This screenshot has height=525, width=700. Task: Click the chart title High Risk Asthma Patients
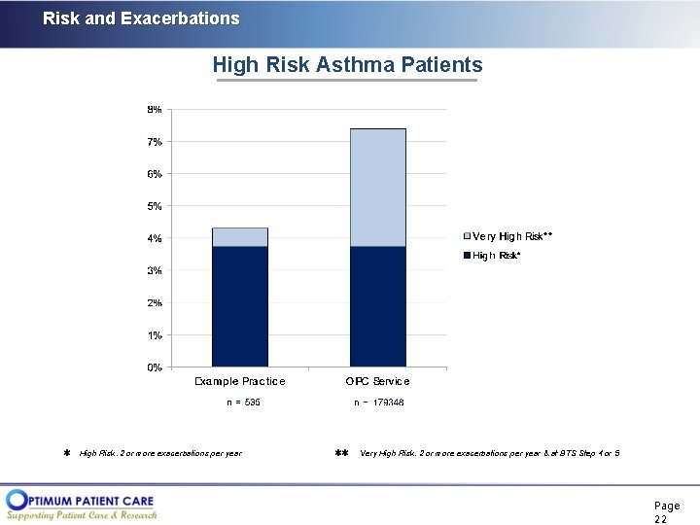coord(347,65)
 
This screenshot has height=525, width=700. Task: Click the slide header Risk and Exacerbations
coord(141,18)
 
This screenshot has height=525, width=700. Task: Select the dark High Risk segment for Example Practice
coord(239,306)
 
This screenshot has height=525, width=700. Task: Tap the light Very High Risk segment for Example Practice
coord(239,237)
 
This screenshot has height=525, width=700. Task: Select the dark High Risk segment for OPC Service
coord(378,306)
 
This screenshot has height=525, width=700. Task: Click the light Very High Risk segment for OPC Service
coord(378,188)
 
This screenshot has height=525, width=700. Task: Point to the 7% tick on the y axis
coord(155,142)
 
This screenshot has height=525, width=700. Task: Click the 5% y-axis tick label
coord(155,206)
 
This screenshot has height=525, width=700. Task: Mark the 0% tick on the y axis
coord(155,367)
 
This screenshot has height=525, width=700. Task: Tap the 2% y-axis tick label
coord(155,303)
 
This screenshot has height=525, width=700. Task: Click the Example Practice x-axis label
coord(240,381)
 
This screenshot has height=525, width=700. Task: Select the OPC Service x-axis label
coord(378,381)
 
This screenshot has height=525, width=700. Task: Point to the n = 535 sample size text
coord(240,402)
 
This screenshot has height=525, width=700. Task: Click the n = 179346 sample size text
coord(378,402)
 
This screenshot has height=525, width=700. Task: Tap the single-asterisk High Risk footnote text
coord(160,453)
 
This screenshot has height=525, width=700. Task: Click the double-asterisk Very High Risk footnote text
coord(489,453)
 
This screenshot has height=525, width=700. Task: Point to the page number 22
coord(666,512)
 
